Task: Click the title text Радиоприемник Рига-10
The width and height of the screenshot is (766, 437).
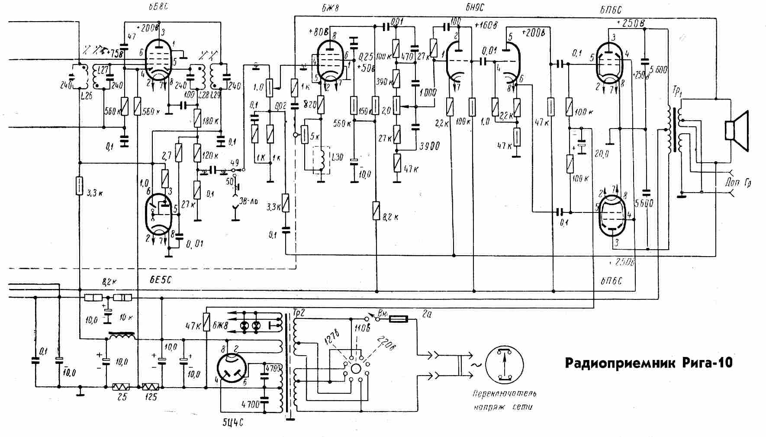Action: pos(649,363)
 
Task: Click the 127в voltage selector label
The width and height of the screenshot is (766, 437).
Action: pos(332,341)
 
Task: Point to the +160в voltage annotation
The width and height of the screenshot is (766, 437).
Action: pos(484,24)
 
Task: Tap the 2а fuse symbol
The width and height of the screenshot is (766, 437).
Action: pos(398,319)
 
